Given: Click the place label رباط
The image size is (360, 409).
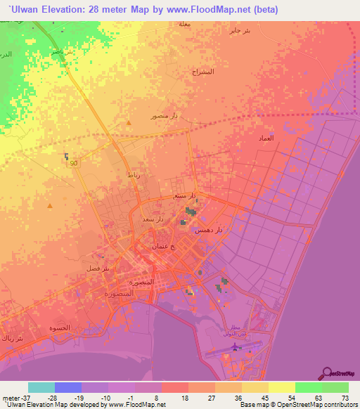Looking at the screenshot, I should (134, 175).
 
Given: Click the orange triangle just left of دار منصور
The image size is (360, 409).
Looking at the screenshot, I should (129, 124).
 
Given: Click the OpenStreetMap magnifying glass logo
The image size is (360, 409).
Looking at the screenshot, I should (327, 372).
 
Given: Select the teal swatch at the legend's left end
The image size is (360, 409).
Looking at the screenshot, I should (41, 387).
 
